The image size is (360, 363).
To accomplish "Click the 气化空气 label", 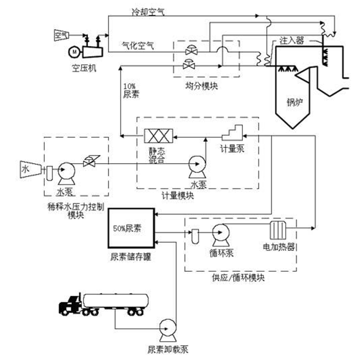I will [x=134, y=44].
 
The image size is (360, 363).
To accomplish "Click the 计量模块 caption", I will [x=178, y=195].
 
